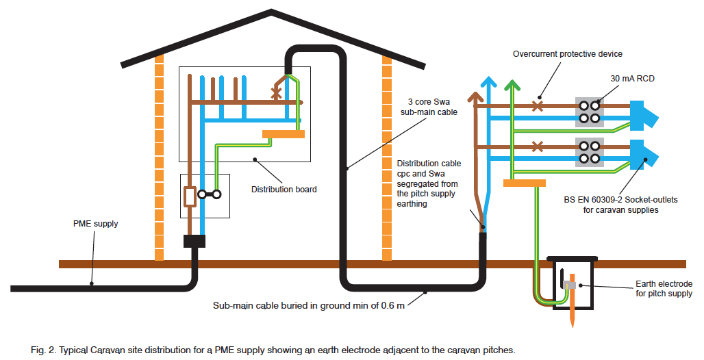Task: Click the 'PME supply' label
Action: tap(96, 224)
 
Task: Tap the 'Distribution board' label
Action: tap(284, 189)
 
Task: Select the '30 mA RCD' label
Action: tap(632, 79)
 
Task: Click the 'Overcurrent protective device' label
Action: tap(568, 54)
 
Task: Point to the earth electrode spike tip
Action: tap(573, 323)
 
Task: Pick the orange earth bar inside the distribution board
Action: tap(283, 134)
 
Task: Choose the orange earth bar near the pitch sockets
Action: tap(524, 183)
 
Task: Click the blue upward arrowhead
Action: tap(488, 83)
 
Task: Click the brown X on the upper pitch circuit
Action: tap(538, 106)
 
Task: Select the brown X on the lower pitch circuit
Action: tap(538, 146)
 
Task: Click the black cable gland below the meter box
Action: tap(194, 241)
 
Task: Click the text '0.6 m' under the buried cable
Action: tap(392, 305)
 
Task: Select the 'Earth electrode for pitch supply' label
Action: tap(664, 289)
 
